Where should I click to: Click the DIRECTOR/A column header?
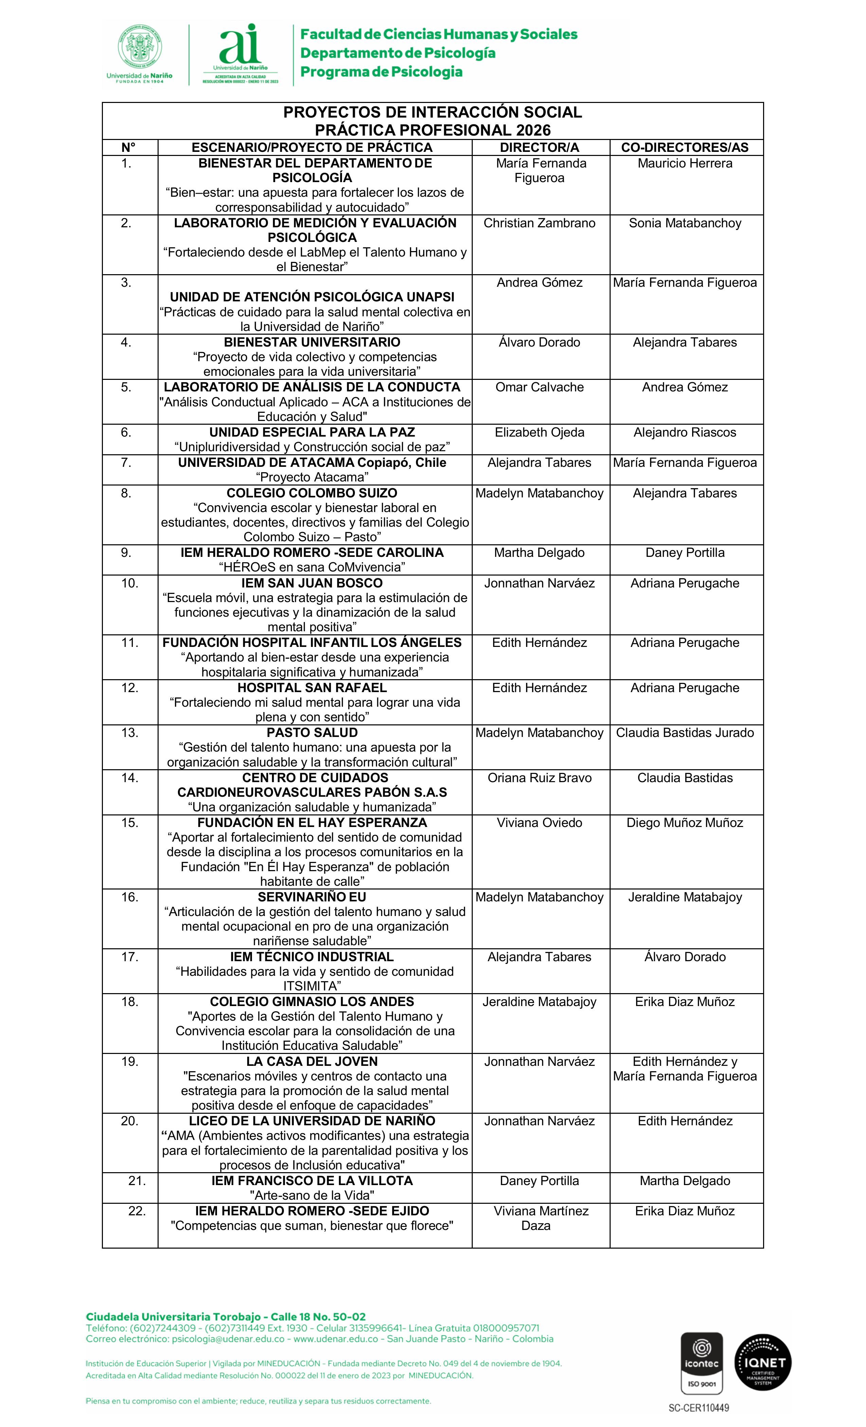point(540,147)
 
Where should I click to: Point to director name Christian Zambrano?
point(540,223)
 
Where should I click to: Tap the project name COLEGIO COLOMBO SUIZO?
point(312,493)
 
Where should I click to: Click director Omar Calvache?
point(540,387)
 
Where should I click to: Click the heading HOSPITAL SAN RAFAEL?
point(312,687)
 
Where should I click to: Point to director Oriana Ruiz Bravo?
point(540,777)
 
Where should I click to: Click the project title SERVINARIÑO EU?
point(312,897)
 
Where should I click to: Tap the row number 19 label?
point(130,1061)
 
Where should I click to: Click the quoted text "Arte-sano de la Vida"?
point(312,1195)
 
